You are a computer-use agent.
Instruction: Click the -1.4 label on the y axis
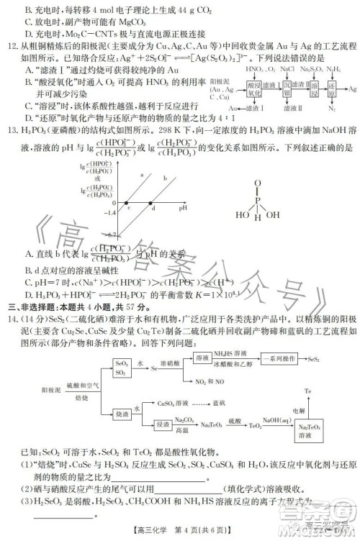coord(110,213)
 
